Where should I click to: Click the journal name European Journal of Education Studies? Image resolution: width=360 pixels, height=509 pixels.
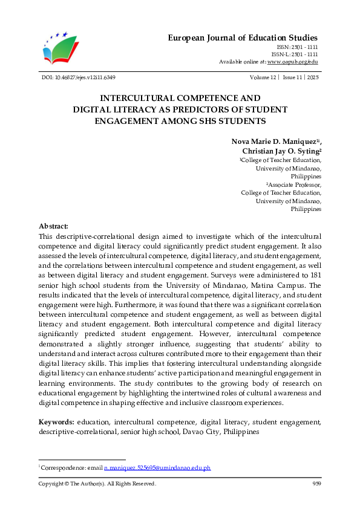pyautogui.click(x=243, y=38)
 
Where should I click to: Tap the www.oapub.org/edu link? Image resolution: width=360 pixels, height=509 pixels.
pyautogui.click(x=292, y=62)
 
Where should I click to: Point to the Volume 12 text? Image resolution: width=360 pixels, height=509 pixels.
pyautogui.click(x=262, y=77)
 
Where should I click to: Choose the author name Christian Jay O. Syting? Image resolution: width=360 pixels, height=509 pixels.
pyautogui.click(x=280, y=151)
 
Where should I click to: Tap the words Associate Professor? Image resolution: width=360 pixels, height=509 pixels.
pyautogui.click(x=295, y=184)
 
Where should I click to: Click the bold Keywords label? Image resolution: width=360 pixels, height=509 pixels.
pyautogui.click(x=56, y=421)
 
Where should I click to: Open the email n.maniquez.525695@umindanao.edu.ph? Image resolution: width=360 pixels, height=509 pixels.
pyautogui.click(x=157, y=468)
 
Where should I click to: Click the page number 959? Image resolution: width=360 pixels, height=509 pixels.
pyautogui.click(x=316, y=484)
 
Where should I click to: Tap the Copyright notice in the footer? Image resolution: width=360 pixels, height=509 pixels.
pyautogui.click(x=97, y=484)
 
